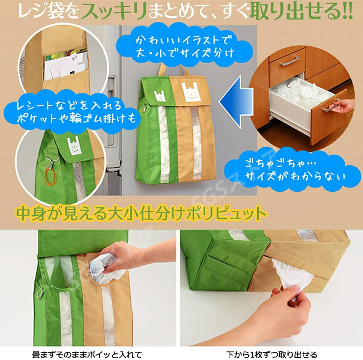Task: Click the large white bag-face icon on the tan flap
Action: [x=191, y=92]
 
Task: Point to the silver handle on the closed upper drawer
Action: [x=289, y=61]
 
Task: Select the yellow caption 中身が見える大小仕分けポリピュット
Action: [x=141, y=212]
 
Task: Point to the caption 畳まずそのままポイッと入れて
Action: [x=87, y=354]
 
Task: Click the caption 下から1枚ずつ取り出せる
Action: [x=272, y=354]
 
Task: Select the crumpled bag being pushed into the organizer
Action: [x=107, y=268]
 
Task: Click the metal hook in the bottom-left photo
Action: [x=41, y=292]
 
